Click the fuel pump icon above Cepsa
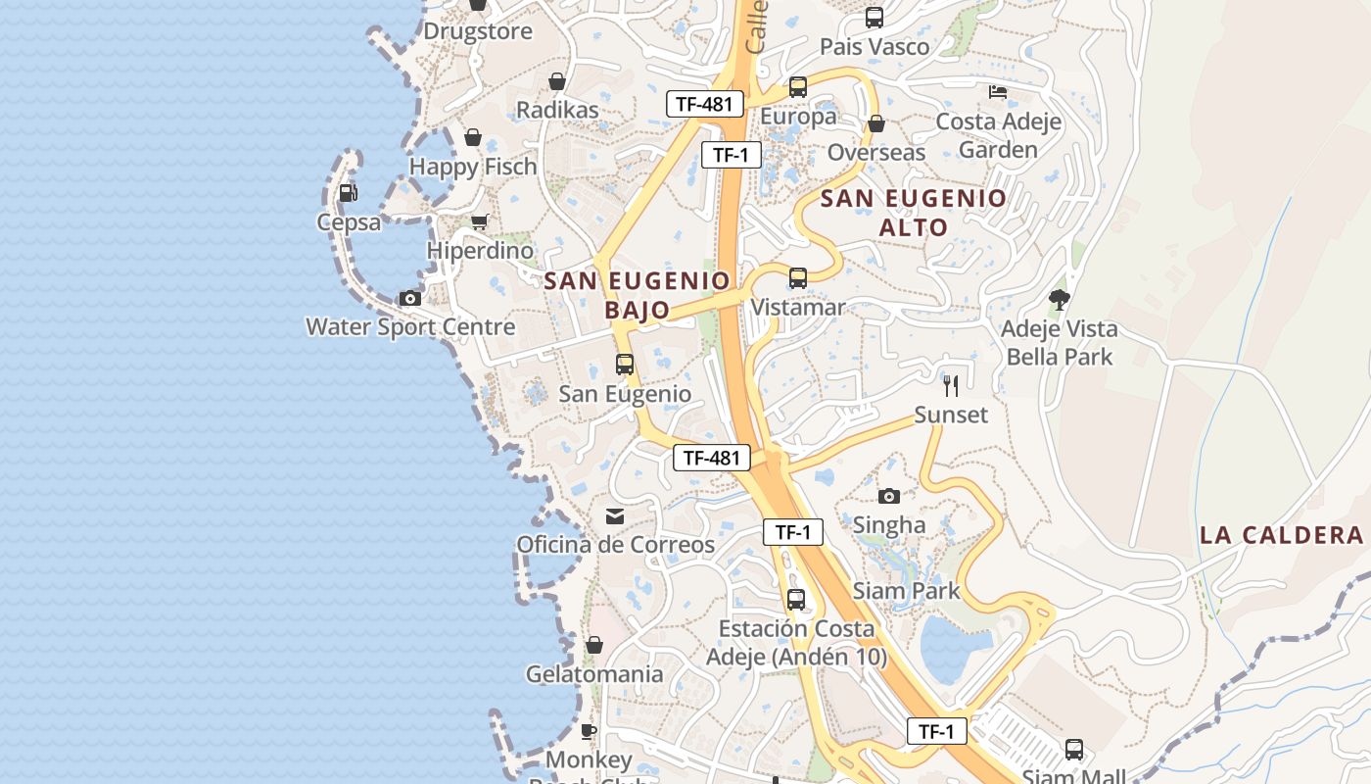[348, 193]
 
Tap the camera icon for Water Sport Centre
[410, 298]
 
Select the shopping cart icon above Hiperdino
[479, 222]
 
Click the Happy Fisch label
[473, 167]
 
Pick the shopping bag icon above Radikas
[557, 81]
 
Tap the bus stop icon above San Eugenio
[625, 365]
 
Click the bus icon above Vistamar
[798, 278]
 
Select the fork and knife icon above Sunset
[950, 385]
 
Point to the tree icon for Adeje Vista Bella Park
[1059, 299]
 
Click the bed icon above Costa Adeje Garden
[998, 92]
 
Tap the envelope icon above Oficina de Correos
[615, 515]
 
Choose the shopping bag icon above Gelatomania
[593, 645]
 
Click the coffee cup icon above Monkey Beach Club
[589, 731]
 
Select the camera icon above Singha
[889, 496]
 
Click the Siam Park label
[907, 591]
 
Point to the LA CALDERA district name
[1282, 535]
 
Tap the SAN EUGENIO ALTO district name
[914, 213]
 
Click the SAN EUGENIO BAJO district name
[638, 295]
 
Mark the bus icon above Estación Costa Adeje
[796, 600]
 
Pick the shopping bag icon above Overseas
[876, 123]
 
